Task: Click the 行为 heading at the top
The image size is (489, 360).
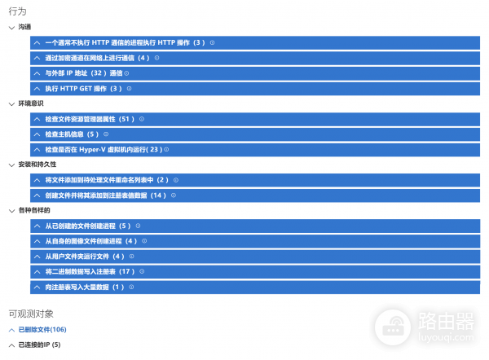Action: (17, 11)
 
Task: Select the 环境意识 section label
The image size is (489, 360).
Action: (31, 103)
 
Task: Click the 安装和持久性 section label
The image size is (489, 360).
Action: (37, 165)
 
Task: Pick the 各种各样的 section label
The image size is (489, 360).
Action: (34, 210)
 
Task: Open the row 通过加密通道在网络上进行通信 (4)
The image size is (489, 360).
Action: (98, 58)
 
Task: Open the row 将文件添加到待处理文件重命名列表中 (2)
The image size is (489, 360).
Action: (107, 180)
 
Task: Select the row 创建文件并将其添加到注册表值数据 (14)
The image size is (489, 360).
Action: (105, 195)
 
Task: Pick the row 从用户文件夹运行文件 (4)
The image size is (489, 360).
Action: (85, 257)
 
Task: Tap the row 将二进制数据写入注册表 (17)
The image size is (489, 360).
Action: (90, 271)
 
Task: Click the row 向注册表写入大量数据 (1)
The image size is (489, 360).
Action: (85, 287)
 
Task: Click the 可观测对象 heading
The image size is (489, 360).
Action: (31, 313)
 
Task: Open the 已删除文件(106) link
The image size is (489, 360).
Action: (42, 329)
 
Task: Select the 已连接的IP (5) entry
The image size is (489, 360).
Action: (39, 345)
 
